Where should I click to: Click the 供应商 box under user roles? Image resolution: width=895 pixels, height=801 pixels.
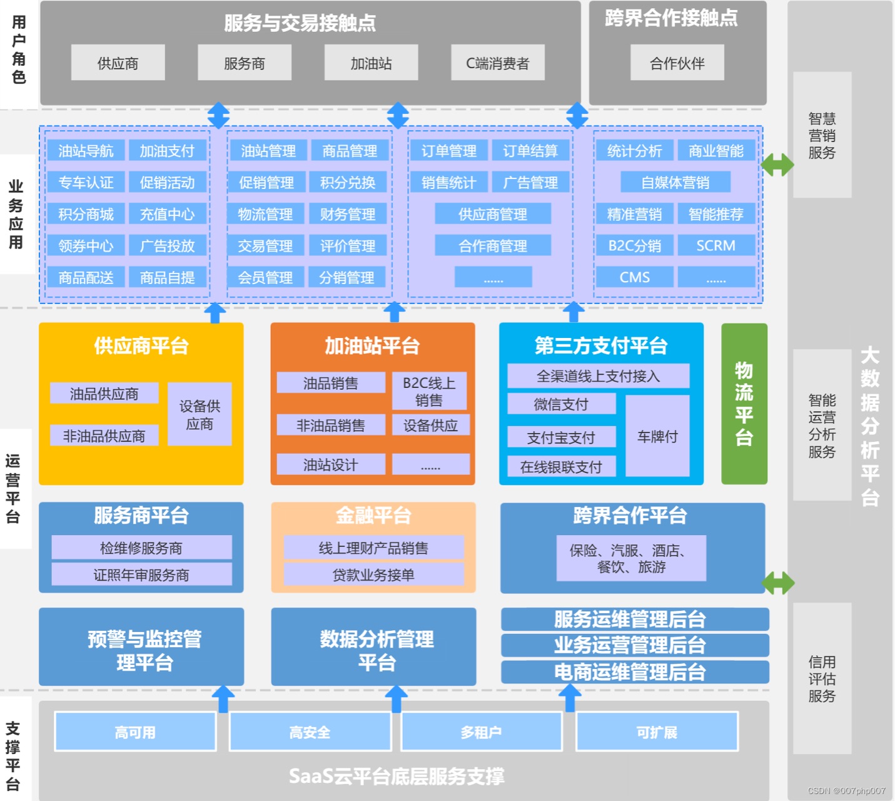coord(118,63)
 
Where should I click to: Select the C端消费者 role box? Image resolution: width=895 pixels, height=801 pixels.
coord(497,63)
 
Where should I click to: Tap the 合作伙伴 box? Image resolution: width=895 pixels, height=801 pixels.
coord(677,63)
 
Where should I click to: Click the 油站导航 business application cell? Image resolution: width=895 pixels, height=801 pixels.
coord(86,151)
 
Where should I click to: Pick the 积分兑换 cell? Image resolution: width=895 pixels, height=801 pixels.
coord(348,182)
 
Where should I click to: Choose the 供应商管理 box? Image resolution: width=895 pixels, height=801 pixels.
coord(493,214)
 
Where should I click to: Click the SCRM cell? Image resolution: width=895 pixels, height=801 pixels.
coord(715,245)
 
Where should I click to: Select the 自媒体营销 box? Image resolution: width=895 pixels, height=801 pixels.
coord(675,182)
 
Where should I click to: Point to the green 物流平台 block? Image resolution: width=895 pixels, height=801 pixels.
coord(744,404)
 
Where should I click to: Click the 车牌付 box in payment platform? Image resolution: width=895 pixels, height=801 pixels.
coord(657,436)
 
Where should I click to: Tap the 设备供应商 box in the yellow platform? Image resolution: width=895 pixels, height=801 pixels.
coord(200,414)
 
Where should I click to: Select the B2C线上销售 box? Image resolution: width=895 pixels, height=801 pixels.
coord(429,391)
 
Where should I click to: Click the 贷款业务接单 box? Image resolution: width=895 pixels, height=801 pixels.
coord(373,574)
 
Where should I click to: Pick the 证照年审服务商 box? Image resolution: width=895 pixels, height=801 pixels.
coord(141,574)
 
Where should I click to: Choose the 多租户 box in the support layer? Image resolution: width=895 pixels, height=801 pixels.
coord(481,732)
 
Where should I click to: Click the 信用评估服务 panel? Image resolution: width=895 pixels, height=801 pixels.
coord(822,678)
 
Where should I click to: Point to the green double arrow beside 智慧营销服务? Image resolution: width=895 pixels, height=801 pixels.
coord(777,165)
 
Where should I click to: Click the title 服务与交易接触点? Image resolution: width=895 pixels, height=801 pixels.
coord(300,23)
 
